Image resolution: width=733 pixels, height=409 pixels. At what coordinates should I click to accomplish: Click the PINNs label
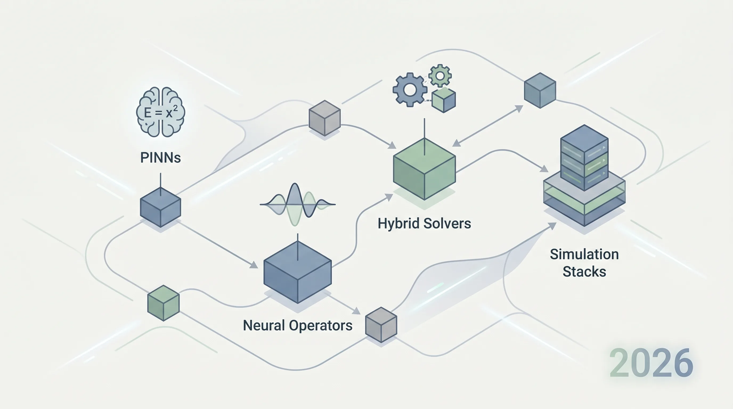pos(161,158)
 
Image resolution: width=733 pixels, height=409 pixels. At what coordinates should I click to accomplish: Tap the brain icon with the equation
pos(161,112)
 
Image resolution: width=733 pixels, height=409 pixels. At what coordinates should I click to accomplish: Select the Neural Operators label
pos(298,325)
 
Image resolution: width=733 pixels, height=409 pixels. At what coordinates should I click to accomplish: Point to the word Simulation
pos(584,254)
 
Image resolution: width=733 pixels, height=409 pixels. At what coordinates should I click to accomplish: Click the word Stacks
pos(584,272)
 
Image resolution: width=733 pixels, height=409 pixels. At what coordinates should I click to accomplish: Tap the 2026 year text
pos(651,363)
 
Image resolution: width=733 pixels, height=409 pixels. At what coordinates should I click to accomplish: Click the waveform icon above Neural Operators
pos(297,204)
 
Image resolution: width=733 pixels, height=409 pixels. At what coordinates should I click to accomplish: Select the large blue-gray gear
pos(410,90)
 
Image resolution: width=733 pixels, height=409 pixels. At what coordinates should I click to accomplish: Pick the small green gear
pos(440,76)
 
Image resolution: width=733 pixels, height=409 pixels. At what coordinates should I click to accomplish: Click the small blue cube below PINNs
pos(161,207)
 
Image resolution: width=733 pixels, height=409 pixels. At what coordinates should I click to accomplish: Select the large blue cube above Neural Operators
pos(298,272)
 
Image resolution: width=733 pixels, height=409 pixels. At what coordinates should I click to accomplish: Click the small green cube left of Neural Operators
pos(163,303)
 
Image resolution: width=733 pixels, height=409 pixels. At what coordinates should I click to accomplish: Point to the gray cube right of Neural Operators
pos(381,325)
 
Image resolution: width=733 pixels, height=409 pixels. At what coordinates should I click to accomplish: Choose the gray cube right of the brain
pos(325,118)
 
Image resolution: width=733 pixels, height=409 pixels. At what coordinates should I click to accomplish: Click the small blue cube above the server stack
pos(540,91)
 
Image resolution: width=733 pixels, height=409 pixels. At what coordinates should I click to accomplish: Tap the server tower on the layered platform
pos(584,158)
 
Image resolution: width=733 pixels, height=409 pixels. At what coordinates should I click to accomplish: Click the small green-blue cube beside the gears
pos(444,100)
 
